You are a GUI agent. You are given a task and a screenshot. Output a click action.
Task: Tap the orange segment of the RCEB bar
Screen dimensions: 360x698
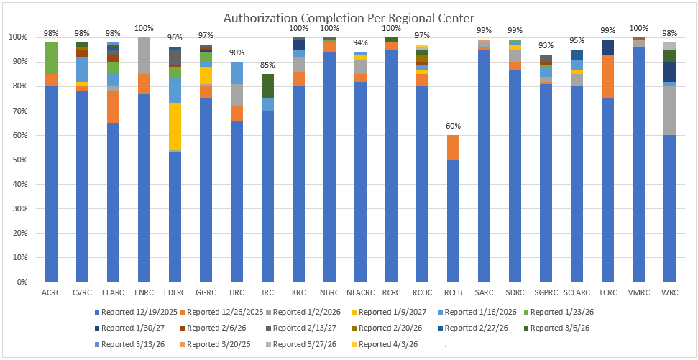[x=454, y=147]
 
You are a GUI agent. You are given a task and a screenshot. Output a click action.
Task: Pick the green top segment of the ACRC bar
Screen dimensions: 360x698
[x=52, y=58]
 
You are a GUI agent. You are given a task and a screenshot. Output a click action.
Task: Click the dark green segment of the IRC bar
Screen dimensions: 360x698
[x=268, y=86]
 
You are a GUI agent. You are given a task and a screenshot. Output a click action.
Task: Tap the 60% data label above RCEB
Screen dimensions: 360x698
[x=454, y=126]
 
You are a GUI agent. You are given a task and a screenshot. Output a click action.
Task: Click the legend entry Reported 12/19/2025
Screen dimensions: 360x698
[x=136, y=311]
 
